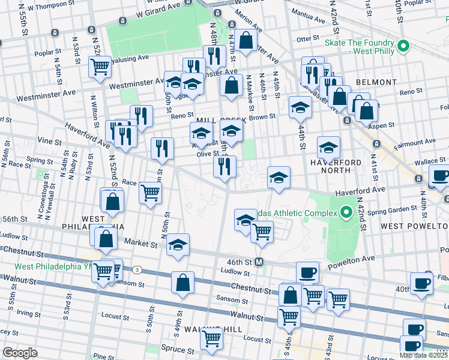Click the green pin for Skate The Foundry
click(404, 46)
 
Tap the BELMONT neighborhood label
click(376, 82)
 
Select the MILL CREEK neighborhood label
click(221, 120)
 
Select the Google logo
click(20, 353)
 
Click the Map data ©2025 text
click(424, 355)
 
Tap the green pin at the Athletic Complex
click(346, 212)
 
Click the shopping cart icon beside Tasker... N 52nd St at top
click(100, 67)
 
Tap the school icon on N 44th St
click(300, 107)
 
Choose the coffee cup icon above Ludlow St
click(307, 272)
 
